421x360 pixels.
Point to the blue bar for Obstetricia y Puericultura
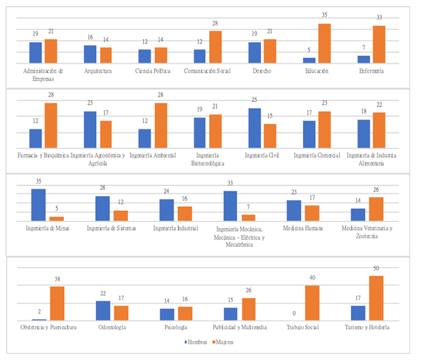click(x=39, y=319)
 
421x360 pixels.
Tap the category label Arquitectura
click(x=97, y=70)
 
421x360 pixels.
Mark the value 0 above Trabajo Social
click(x=294, y=314)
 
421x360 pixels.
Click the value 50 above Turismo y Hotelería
click(x=376, y=270)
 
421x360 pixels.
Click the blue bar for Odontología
click(x=103, y=310)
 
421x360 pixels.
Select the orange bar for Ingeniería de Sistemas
click(x=121, y=216)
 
